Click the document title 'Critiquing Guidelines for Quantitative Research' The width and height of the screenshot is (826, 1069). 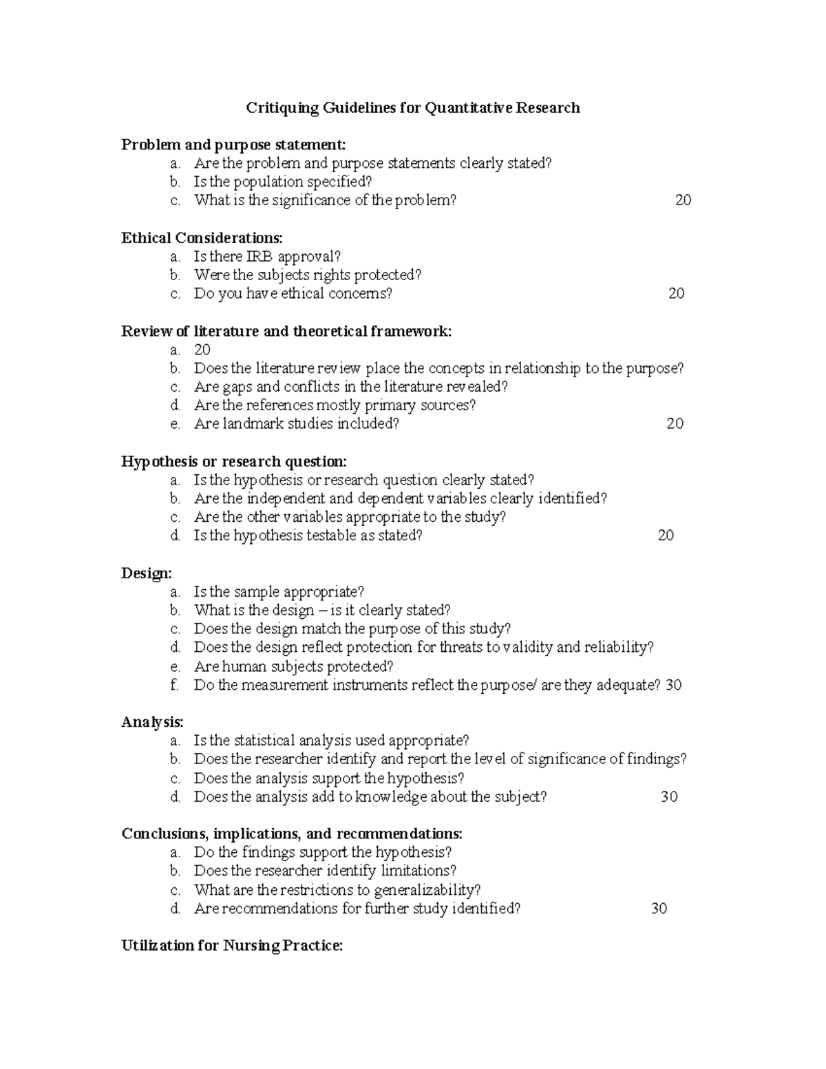(413, 108)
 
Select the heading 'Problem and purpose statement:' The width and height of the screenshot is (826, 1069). (233, 145)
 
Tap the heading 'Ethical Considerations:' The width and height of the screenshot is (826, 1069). (202, 238)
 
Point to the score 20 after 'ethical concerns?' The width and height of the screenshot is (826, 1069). (676, 294)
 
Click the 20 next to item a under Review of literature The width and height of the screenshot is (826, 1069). (202, 350)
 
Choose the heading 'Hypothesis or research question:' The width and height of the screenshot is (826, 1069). (234, 461)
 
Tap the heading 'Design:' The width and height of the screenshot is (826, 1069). (147, 573)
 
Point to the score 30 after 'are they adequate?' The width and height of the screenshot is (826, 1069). (673, 685)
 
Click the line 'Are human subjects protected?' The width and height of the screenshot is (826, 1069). (293, 666)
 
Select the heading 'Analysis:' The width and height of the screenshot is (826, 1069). (153, 722)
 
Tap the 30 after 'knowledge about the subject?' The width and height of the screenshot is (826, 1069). (669, 797)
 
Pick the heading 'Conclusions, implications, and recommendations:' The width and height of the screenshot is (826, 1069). (292, 834)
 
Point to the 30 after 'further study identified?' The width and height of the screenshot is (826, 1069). (659, 909)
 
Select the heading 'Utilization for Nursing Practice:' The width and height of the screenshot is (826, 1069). (232, 946)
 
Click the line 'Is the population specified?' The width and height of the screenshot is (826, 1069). (282, 182)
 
